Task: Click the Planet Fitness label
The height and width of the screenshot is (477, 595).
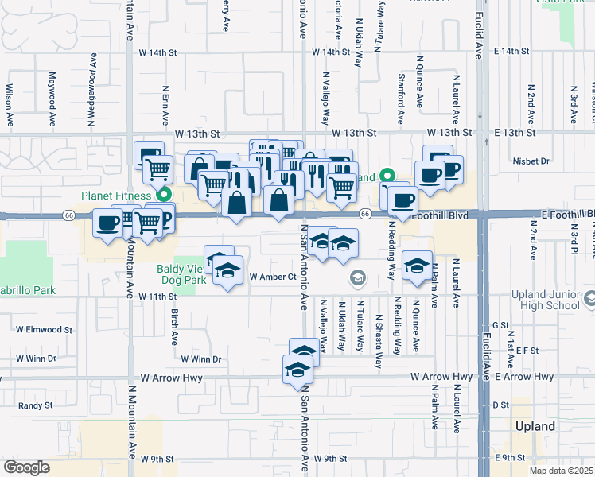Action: [116, 196]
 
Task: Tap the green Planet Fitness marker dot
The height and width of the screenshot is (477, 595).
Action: [165, 194]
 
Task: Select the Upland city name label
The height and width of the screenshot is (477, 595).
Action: [535, 426]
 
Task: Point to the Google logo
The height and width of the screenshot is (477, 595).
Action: [26, 467]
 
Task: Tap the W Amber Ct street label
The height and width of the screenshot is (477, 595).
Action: [272, 277]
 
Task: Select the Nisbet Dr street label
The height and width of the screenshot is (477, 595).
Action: [533, 161]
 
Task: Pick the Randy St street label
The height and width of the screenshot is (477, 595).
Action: [35, 405]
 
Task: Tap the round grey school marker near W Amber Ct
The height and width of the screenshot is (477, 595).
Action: [357, 277]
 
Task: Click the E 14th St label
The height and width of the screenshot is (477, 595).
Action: [511, 52]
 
